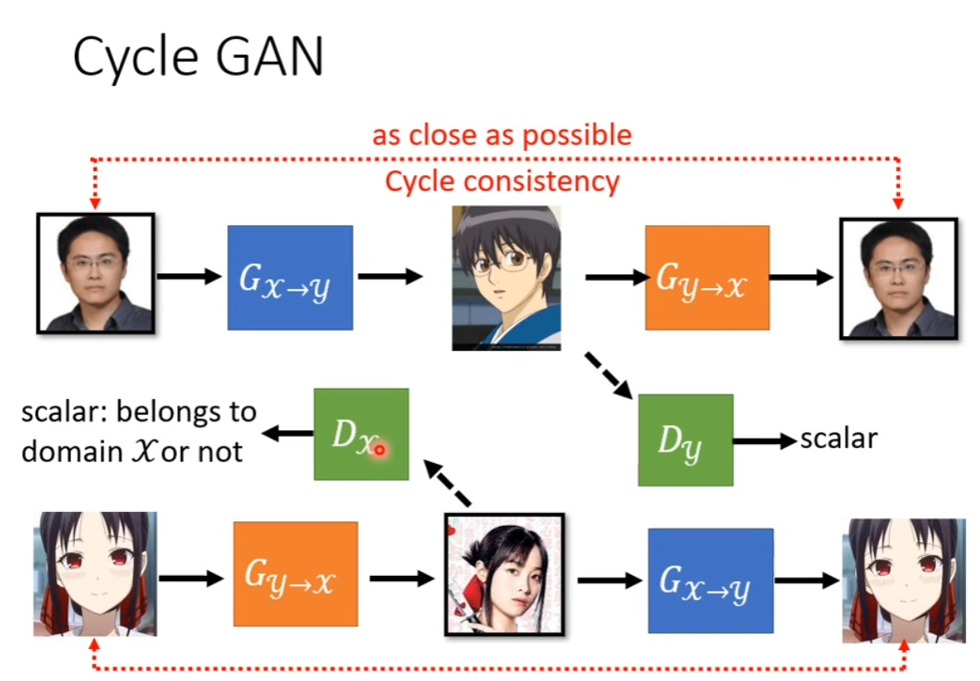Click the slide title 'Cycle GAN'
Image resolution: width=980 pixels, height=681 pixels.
(197, 58)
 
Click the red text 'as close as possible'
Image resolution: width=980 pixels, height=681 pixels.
(502, 135)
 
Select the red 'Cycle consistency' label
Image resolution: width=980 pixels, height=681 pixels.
(502, 182)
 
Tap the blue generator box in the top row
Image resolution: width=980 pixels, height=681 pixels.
(290, 278)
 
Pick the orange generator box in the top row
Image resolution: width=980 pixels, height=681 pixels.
(707, 278)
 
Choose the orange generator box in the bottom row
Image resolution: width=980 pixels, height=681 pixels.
(295, 573)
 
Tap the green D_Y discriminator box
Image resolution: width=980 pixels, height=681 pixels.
(685, 440)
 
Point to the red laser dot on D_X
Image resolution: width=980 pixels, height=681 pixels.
(379, 449)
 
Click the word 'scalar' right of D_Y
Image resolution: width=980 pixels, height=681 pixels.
(838, 438)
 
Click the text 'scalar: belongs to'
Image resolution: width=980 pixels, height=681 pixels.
(139, 412)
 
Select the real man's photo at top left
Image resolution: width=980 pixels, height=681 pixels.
(95, 273)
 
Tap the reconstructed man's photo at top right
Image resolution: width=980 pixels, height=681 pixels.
(897, 278)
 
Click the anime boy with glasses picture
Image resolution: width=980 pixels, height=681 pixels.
(506, 278)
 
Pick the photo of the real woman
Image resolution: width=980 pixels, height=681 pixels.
(504, 573)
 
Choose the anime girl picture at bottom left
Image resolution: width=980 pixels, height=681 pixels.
(95, 573)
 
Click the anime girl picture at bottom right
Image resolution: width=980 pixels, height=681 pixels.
(903, 580)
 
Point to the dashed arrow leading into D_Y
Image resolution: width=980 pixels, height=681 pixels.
(609, 374)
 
